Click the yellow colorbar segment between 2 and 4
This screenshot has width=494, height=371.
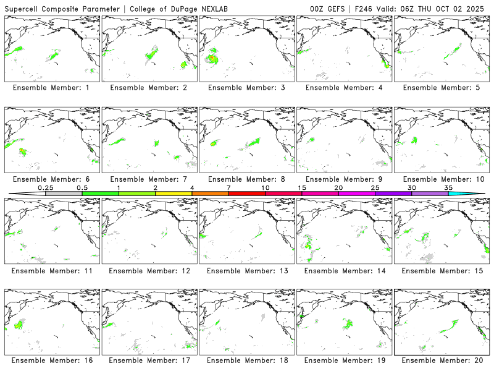(x=174, y=194)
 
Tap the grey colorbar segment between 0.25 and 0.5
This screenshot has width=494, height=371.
(x=64, y=194)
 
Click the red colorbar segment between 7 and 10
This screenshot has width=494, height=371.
(x=247, y=194)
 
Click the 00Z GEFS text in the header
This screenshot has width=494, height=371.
(x=328, y=9)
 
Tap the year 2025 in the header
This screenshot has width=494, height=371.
(x=477, y=9)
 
